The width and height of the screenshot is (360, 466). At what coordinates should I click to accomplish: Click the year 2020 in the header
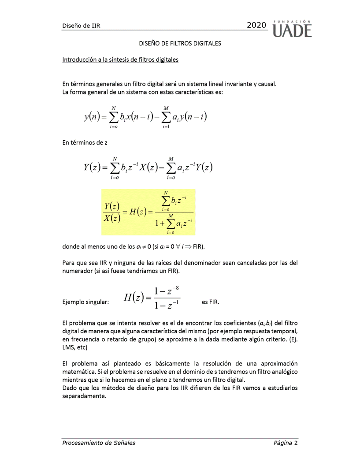point(256,26)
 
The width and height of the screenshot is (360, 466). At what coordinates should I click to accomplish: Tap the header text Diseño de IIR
point(82,26)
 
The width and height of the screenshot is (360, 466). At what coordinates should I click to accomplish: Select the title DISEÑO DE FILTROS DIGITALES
point(180,44)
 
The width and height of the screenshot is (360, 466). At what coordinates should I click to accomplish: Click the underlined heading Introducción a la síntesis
point(120,60)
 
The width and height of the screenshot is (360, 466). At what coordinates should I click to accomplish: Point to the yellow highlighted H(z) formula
point(148,212)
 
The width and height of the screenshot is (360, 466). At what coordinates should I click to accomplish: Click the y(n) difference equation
point(145,117)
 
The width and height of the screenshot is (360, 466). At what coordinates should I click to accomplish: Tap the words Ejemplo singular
point(86,302)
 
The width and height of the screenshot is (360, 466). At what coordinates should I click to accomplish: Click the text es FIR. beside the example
point(210,302)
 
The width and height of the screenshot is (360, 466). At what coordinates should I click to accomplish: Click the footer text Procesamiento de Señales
point(99,443)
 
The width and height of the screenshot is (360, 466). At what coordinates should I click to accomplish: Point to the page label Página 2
point(285,443)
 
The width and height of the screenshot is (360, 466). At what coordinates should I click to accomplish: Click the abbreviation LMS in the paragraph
point(69,347)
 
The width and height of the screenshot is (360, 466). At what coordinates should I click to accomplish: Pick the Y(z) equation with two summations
point(148,168)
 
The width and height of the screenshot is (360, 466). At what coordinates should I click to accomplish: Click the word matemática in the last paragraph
point(79,372)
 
